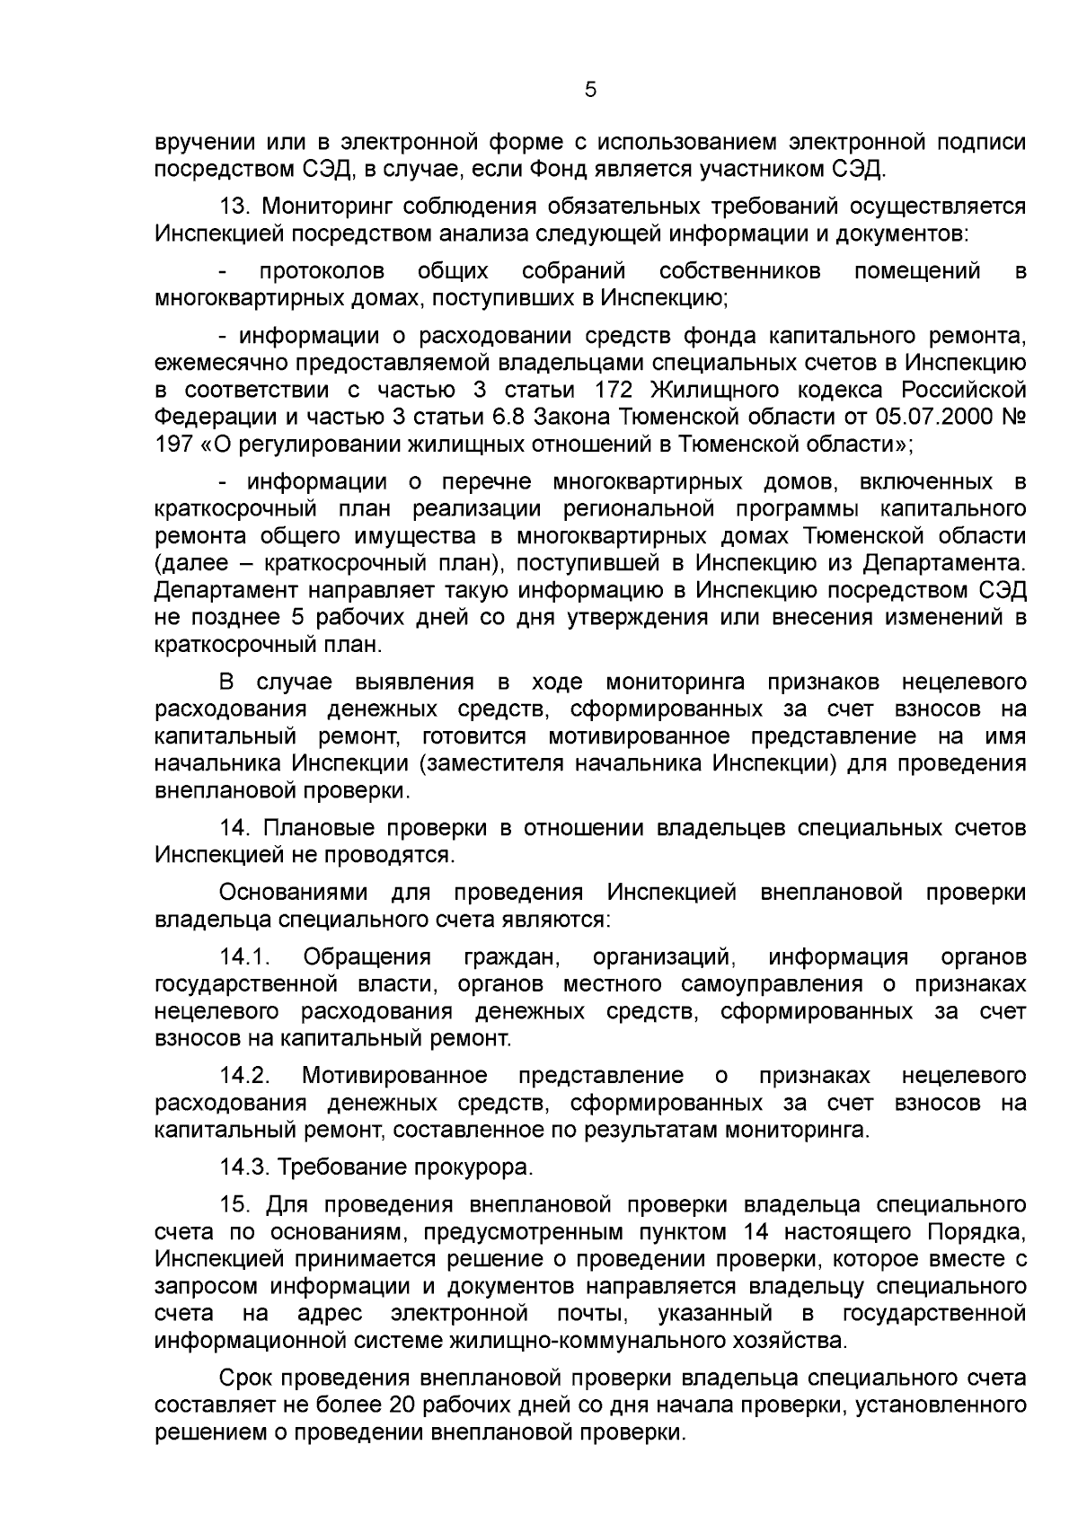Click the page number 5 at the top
click(590, 89)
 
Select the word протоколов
click(322, 271)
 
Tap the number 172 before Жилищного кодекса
click(615, 391)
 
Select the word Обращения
click(367, 957)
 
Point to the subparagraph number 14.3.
click(244, 1167)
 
